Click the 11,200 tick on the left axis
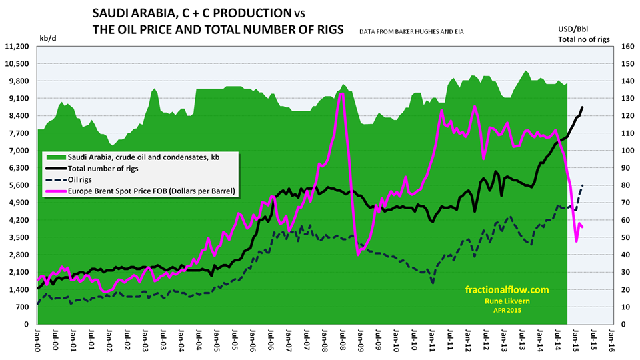tap(19, 46)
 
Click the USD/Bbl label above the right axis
tap(574, 29)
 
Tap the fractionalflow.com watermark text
tap(506, 289)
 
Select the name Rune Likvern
tap(507, 301)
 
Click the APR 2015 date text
tap(507, 311)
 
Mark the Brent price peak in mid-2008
tap(341, 94)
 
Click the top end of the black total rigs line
tap(582, 107)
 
